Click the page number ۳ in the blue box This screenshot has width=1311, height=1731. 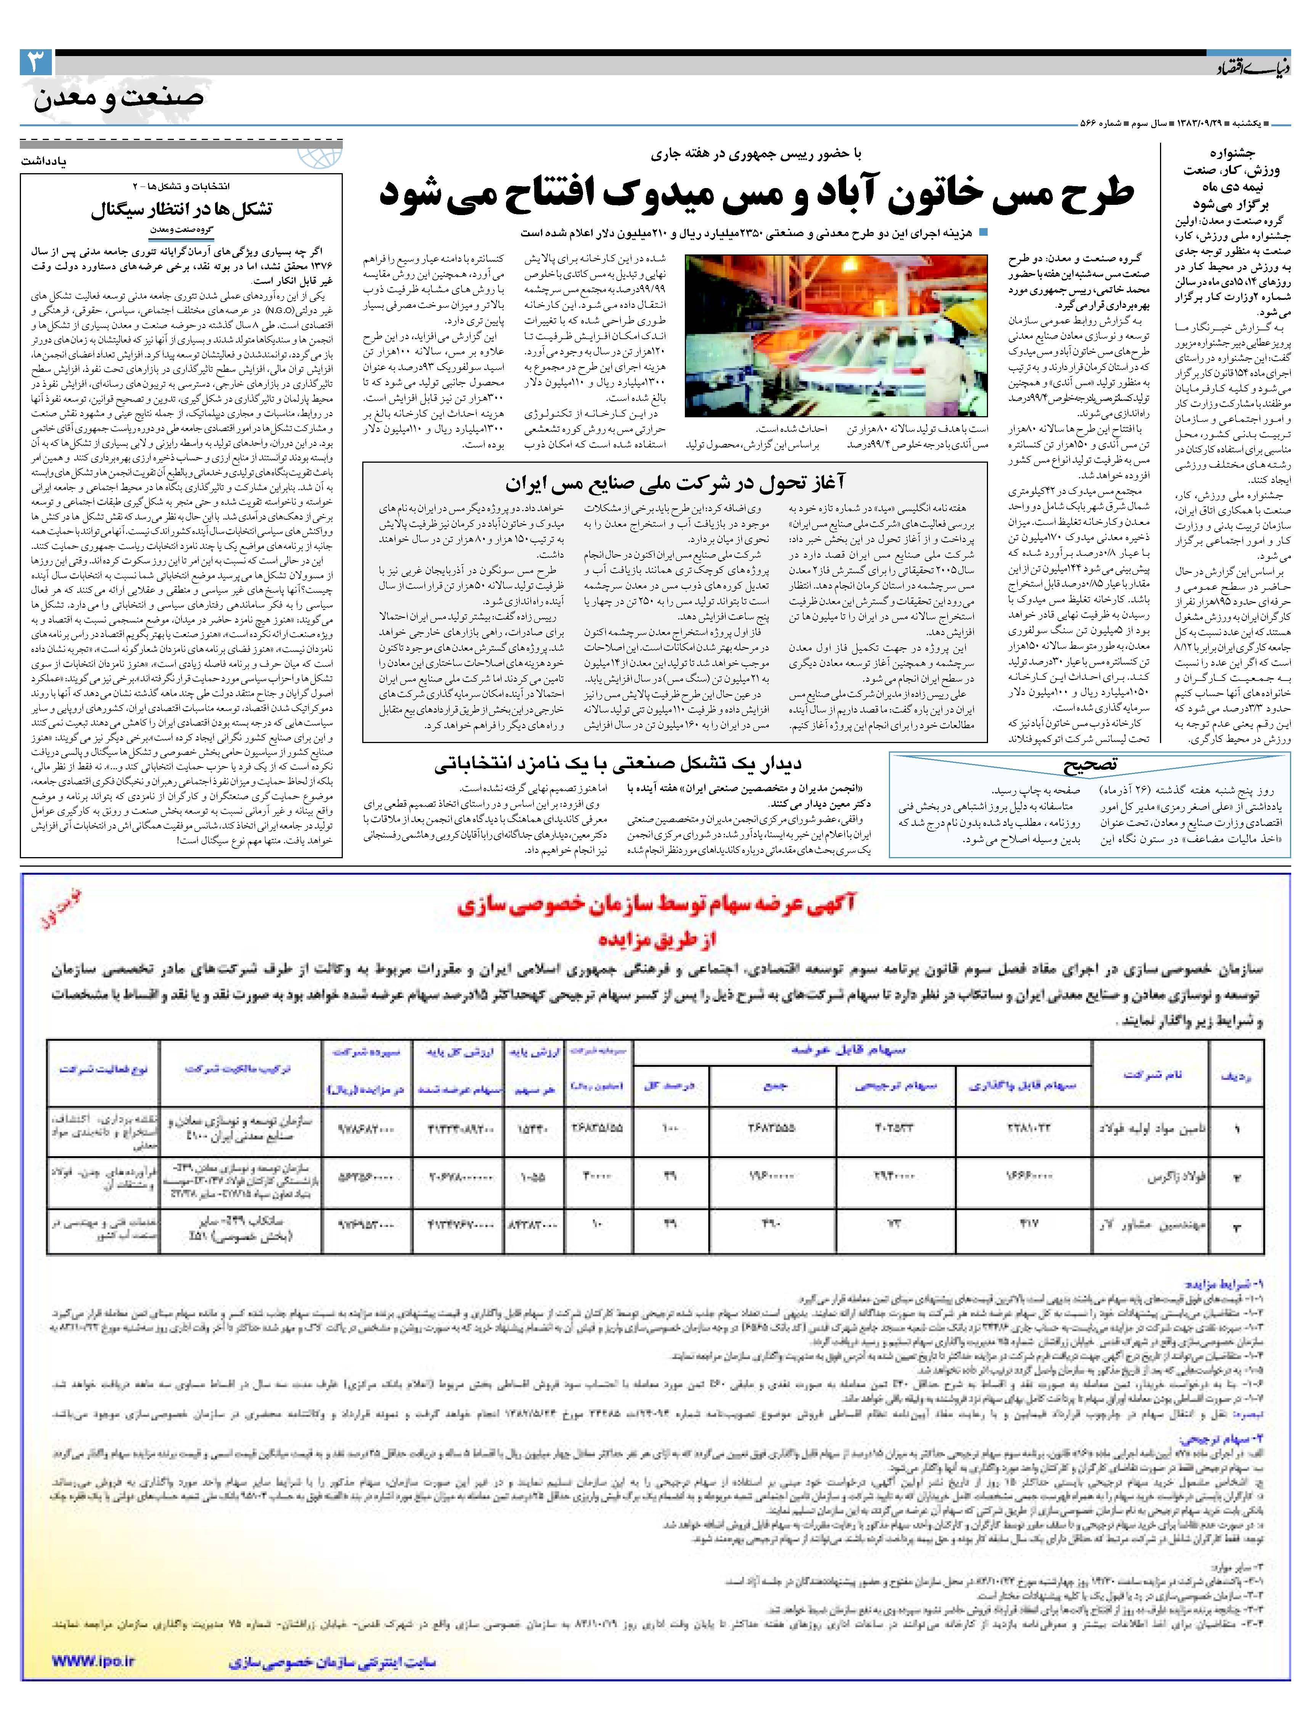point(36,63)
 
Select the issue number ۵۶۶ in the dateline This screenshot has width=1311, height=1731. point(1088,124)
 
